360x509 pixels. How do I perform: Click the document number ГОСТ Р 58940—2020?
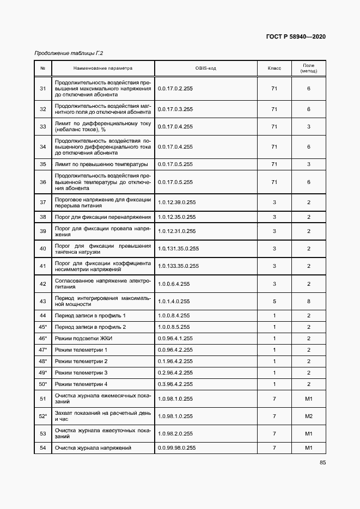point(295,36)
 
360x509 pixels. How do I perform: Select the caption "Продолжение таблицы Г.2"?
point(69,53)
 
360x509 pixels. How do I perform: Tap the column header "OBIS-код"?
point(205,69)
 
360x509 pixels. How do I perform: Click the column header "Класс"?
point(274,69)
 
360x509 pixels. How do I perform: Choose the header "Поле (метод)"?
point(308,68)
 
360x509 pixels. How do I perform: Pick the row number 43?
point(43,301)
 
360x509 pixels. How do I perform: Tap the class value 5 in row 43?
point(274,301)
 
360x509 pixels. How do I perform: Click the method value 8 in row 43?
point(308,301)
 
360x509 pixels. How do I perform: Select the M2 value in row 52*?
point(308,416)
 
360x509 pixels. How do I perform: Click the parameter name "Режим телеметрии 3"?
point(81,373)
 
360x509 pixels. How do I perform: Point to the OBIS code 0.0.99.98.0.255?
point(178,448)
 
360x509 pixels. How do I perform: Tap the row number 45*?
point(43,327)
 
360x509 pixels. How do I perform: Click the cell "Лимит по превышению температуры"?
point(101,164)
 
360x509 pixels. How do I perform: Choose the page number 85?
point(322,463)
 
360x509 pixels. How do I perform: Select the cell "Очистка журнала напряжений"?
point(93,448)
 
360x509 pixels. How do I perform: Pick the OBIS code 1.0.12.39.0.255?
point(176,203)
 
